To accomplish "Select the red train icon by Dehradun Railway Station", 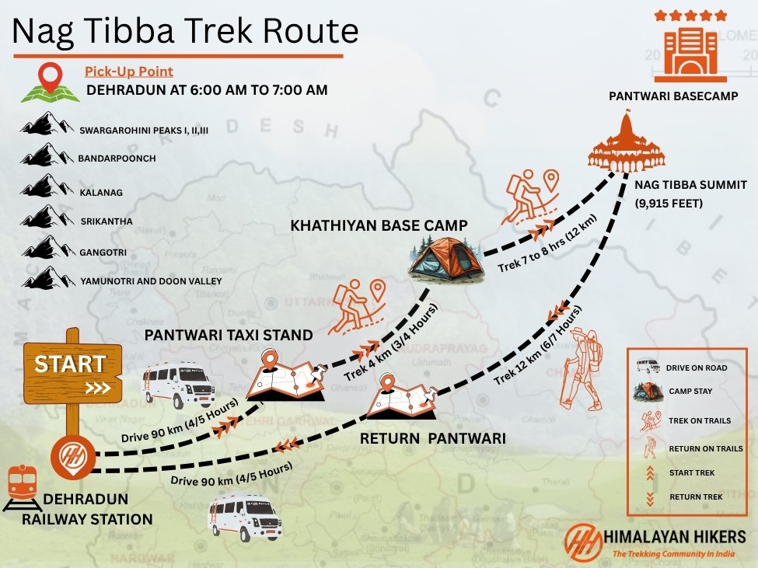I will click(x=23, y=486).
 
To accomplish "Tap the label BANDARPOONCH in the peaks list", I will click(x=117, y=159).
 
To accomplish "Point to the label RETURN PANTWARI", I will click(x=432, y=439).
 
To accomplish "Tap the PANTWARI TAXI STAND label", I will click(x=229, y=336).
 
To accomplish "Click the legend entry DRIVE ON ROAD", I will click(x=697, y=368).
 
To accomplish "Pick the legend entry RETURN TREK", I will click(x=695, y=497).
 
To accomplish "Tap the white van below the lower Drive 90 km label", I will click(x=244, y=517).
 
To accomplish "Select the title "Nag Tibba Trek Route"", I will click(x=184, y=31).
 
